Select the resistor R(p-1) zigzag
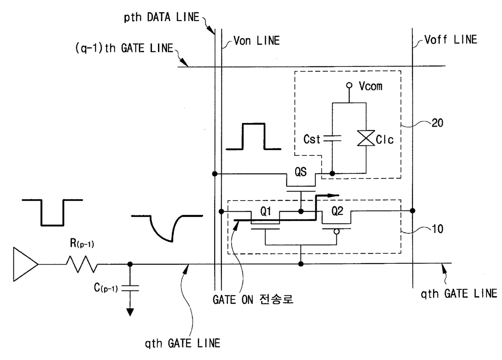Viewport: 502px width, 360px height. [x=82, y=264]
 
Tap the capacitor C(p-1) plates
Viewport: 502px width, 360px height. [x=130, y=288]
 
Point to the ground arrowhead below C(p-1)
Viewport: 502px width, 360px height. [x=130, y=312]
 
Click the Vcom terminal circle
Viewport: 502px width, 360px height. [x=349, y=85]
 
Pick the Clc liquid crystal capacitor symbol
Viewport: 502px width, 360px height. [x=366, y=138]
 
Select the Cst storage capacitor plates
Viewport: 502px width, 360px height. [x=332, y=138]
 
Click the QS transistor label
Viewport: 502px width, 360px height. [x=300, y=172]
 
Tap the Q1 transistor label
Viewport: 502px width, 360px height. [x=266, y=211]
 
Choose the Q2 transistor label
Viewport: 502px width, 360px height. [x=337, y=211]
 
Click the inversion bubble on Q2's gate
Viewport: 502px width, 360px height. [x=336, y=232]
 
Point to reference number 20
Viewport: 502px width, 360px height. [x=437, y=123]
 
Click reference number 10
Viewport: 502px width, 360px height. [x=437, y=229]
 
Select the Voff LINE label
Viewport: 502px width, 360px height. [x=451, y=40]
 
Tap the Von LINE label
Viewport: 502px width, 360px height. [x=257, y=41]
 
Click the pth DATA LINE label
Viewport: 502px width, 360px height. [x=162, y=17]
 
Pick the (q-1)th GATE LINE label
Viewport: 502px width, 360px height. [x=124, y=49]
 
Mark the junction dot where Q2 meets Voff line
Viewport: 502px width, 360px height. [x=413, y=211]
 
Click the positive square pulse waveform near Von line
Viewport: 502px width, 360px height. [x=253, y=136]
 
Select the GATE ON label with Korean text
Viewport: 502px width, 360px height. [x=253, y=299]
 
